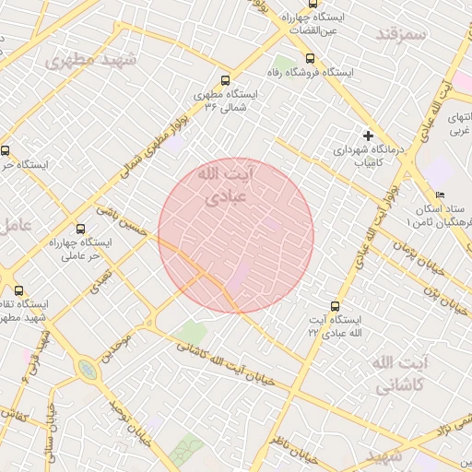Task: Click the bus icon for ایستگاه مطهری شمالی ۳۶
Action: (227, 81)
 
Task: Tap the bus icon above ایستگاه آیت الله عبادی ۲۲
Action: (334, 306)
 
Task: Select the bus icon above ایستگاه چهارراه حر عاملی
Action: (81, 229)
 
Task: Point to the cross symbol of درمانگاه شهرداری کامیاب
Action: (369, 136)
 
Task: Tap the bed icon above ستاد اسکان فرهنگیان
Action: (440, 195)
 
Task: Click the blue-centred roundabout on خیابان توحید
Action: (87, 370)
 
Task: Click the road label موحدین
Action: (121, 345)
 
